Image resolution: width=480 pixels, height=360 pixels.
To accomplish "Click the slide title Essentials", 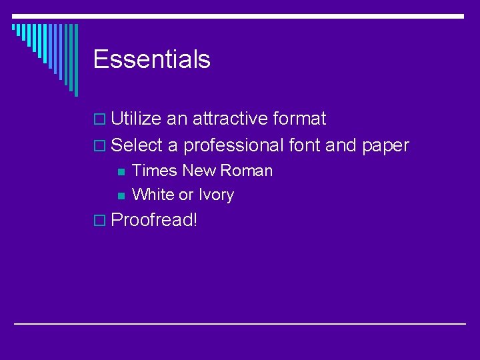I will pos(152,59).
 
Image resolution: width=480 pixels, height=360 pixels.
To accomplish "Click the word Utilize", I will pos(136,119).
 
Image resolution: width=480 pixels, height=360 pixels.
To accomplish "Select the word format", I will pos(299,119).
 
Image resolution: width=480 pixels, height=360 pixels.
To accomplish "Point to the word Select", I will pos(137,145).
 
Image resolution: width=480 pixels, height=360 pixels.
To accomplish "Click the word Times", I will pos(155,171).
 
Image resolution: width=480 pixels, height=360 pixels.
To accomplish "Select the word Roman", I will pos(246,171).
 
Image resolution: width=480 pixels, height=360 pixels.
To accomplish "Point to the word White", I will pos(153,195).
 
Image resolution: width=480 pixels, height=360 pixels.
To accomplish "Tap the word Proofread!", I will pos(154,220).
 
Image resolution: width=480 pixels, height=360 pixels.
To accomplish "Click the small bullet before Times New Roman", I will pos(120,172).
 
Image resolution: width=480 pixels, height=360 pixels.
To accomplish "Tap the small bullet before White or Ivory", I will pos(120,196).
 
